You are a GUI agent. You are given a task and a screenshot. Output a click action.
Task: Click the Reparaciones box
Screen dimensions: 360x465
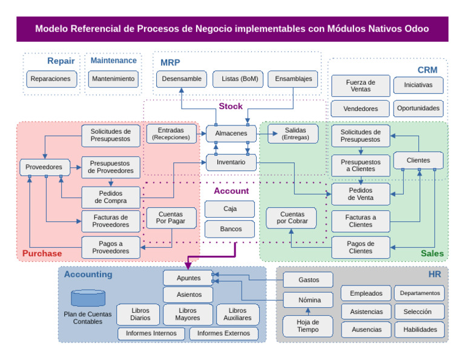pyautogui.click(x=52, y=79)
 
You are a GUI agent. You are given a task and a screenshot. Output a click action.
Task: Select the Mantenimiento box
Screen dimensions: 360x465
pyautogui.click(x=113, y=79)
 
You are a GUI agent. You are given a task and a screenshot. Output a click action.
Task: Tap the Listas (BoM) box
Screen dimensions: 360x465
pyautogui.click(x=239, y=79)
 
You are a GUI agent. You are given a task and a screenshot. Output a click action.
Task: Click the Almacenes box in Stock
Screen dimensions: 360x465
pyautogui.click(x=231, y=133)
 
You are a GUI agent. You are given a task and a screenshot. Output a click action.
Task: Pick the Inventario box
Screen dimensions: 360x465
pyautogui.click(x=231, y=162)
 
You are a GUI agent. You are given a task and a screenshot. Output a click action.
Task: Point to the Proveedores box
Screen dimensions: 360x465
pyautogui.click(x=44, y=167)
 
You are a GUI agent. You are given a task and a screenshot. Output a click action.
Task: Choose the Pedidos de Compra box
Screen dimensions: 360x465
pyautogui.click(x=110, y=197)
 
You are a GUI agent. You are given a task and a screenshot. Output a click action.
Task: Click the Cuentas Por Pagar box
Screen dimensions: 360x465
pyautogui.click(x=171, y=218)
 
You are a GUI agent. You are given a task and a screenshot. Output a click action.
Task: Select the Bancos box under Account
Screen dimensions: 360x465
pyautogui.click(x=230, y=229)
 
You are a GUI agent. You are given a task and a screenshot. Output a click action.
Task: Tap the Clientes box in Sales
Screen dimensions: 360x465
pyautogui.click(x=418, y=161)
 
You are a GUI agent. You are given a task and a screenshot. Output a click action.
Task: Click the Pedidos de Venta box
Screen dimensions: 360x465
pyautogui.click(x=360, y=194)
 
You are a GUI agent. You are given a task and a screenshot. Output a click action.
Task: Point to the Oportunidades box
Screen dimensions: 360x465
pyautogui.click(x=418, y=108)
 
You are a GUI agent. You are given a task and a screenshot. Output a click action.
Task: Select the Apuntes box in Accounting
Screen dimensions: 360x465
pyautogui.click(x=188, y=278)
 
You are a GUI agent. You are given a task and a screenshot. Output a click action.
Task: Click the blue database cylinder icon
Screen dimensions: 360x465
pyautogui.click(x=88, y=298)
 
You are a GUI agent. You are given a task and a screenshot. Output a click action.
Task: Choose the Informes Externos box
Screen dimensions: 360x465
pyautogui.click(x=223, y=333)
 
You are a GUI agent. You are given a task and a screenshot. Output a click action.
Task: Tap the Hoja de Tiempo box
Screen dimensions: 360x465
pyautogui.click(x=308, y=326)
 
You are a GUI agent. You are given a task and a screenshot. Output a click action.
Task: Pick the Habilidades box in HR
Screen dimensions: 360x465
pyautogui.click(x=420, y=330)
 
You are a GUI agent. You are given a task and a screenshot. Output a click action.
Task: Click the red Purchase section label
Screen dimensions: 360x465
pyautogui.click(x=42, y=253)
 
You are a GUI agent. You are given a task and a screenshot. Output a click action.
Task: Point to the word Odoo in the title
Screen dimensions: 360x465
pyautogui.click(x=415, y=28)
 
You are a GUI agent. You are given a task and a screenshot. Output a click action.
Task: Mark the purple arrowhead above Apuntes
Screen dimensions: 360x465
pyautogui.click(x=188, y=265)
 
